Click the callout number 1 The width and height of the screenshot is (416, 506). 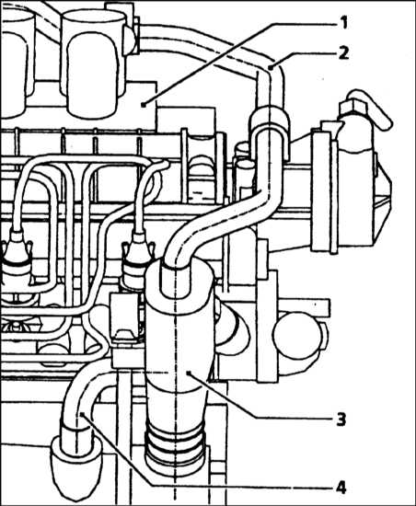343,23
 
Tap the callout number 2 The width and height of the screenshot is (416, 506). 343,52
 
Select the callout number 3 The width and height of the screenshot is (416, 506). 341,420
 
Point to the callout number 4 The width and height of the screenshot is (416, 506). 341,488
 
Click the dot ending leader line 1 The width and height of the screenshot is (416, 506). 143,104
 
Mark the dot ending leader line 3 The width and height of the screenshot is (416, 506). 189,374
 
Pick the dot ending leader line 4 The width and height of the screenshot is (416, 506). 81,413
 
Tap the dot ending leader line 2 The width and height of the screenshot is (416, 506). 271,67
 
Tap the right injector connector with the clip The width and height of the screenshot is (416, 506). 137,259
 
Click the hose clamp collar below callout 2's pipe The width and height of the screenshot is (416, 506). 269,119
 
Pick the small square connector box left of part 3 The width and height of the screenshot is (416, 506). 124,318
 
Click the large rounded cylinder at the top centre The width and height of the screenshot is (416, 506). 93,63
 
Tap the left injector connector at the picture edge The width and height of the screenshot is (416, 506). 17,259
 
